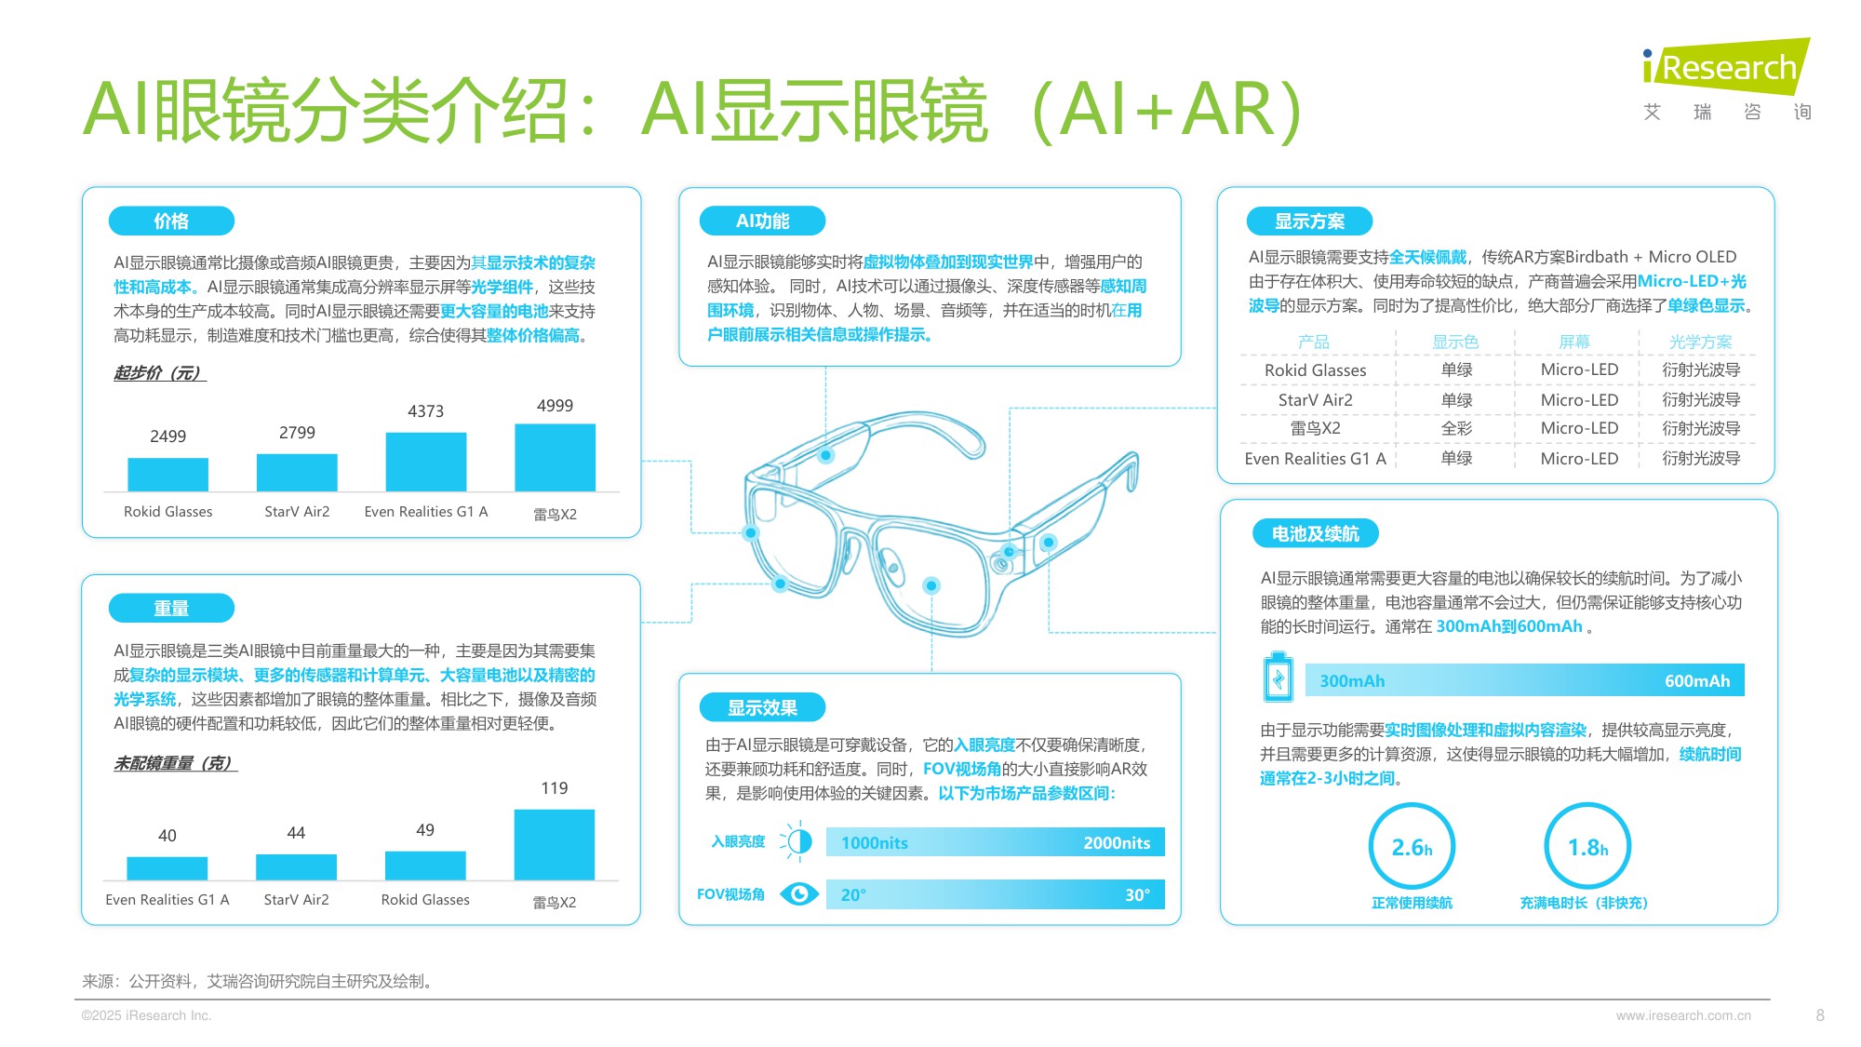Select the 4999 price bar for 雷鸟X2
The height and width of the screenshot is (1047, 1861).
point(555,457)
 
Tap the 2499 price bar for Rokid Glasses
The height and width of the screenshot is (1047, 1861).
point(167,474)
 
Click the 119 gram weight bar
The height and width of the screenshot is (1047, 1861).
point(554,844)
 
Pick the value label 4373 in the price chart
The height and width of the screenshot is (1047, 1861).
point(425,411)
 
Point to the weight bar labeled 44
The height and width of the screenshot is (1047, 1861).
point(296,866)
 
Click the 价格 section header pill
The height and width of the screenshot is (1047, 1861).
point(171,221)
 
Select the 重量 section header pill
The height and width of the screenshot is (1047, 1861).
point(171,609)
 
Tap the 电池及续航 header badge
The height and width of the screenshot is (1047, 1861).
point(1315,534)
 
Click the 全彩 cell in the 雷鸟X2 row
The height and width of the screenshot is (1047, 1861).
point(1456,429)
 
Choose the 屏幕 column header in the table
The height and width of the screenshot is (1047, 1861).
point(1574,342)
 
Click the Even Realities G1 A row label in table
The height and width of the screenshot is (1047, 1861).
point(1315,459)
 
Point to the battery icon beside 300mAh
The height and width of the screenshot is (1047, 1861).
point(1279,678)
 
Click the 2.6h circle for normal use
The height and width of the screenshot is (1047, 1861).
point(1412,847)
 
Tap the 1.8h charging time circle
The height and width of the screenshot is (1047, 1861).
point(1587,847)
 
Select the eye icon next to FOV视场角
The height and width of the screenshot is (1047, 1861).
point(798,894)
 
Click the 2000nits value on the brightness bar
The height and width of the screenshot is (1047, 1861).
point(1116,843)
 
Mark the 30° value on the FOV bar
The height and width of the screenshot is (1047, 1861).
point(1137,895)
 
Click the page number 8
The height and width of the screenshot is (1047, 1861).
point(1820,1015)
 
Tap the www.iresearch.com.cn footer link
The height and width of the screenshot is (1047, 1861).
point(1683,1015)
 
